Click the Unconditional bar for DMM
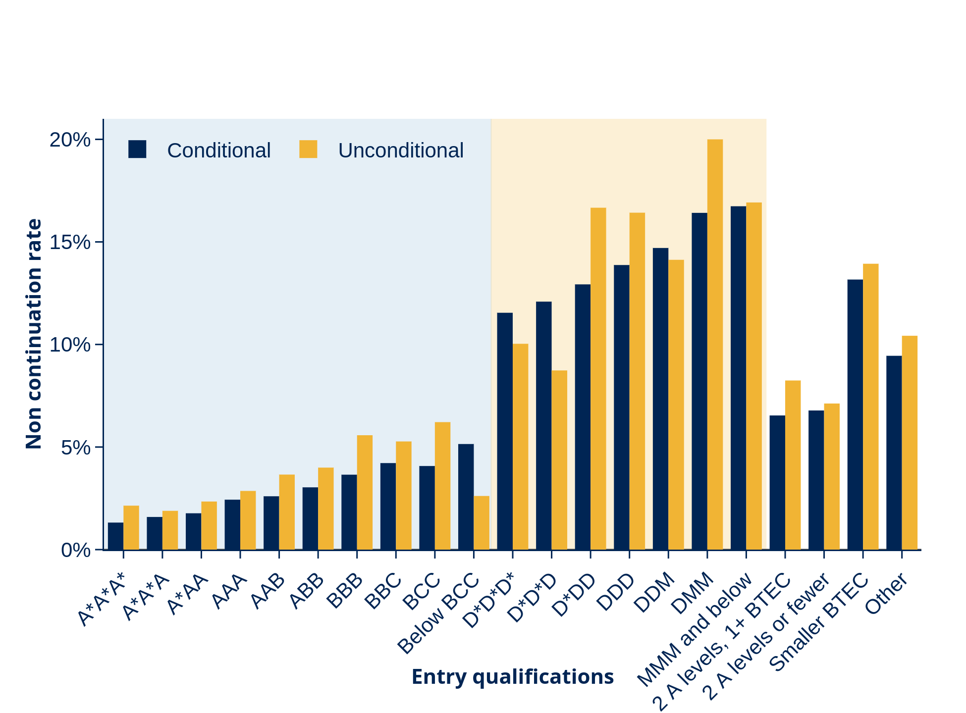click(x=715, y=345)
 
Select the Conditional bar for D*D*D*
click(x=505, y=431)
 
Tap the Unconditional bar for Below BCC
click(x=482, y=523)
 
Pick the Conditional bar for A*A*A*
click(x=115, y=536)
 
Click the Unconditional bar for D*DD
click(x=598, y=379)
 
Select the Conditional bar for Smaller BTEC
click(x=855, y=415)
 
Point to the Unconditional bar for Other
click(x=910, y=443)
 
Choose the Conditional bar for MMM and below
click(x=738, y=378)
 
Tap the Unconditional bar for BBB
click(x=365, y=493)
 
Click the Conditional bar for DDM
click(x=660, y=399)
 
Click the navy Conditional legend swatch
click(x=137, y=149)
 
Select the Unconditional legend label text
click(x=401, y=151)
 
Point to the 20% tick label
click(x=70, y=140)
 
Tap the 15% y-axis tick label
click(x=70, y=242)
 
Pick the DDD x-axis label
click(x=616, y=592)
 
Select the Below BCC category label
click(x=439, y=613)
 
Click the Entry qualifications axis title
click(x=513, y=677)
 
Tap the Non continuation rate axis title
click(x=34, y=334)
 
